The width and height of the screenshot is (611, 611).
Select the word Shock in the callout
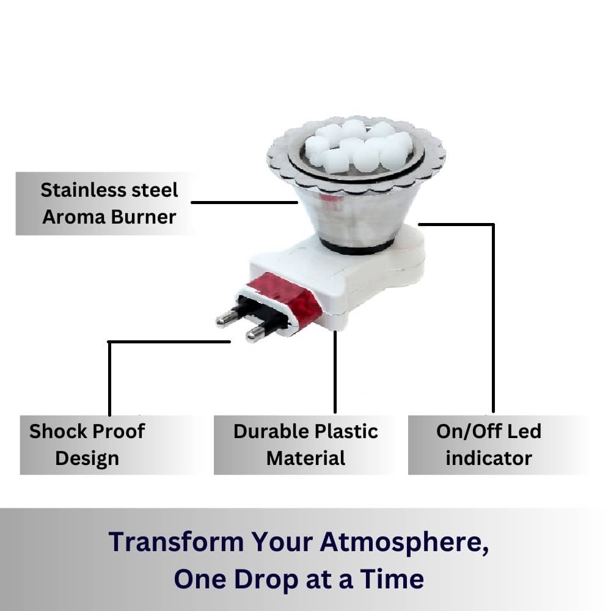[57, 431]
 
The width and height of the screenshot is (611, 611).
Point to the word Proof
[119, 431]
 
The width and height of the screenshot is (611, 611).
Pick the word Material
[306, 458]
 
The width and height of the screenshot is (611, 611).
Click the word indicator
[489, 458]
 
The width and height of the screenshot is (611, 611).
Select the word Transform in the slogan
[176, 541]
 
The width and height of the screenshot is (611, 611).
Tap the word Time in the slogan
[392, 579]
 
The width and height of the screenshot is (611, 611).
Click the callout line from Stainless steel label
[244, 202]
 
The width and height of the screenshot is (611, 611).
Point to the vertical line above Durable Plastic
[335, 372]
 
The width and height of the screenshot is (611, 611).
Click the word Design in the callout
[87, 458]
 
